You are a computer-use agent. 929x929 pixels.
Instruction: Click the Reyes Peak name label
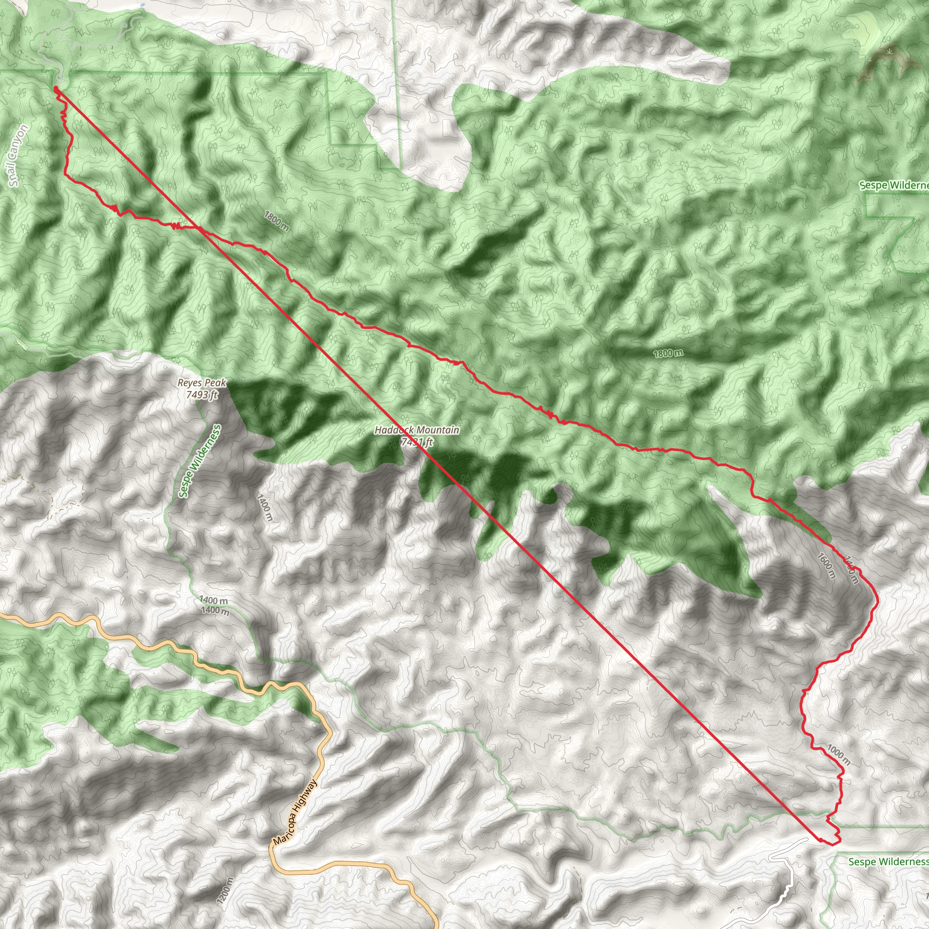(x=201, y=383)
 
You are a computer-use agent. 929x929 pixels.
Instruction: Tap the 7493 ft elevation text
(x=202, y=395)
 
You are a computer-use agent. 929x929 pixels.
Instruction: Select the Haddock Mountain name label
(x=416, y=430)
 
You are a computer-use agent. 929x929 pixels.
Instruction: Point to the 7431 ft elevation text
(x=417, y=441)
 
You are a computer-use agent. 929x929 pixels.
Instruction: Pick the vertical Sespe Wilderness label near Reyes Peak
(x=199, y=461)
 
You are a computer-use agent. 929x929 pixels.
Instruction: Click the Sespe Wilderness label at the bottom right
(x=888, y=862)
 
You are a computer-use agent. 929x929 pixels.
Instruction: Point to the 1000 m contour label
(x=839, y=755)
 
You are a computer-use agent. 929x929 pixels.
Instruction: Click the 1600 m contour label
(x=826, y=566)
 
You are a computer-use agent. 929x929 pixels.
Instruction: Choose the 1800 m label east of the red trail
(x=667, y=354)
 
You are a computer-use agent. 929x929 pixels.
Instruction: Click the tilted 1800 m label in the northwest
(x=277, y=221)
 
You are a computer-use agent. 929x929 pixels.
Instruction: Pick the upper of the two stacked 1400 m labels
(x=214, y=600)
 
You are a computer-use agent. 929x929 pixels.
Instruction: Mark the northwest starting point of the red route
(x=56, y=88)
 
